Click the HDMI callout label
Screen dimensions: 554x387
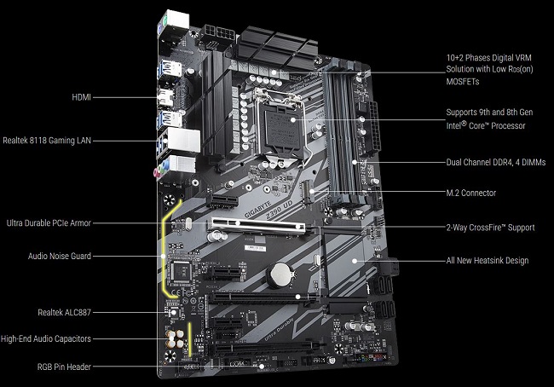(x=81, y=97)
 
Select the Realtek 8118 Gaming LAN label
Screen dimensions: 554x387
(x=47, y=141)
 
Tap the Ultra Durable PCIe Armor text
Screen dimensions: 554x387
(x=49, y=223)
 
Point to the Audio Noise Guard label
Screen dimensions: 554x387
(x=60, y=256)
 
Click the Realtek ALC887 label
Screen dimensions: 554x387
(x=64, y=313)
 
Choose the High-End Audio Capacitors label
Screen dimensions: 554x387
(x=46, y=338)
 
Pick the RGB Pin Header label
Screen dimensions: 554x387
(x=64, y=367)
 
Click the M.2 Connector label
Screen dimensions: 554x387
(x=471, y=193)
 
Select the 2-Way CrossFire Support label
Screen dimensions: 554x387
(x=490, y=228)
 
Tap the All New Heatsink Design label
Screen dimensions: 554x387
(x=488, y=261)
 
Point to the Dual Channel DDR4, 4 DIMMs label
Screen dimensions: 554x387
(x=496, y=163)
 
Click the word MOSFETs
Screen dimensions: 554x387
(x=463, y=82)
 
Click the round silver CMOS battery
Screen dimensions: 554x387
(x=280, y=274)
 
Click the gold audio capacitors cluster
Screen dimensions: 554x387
(x=176, y=339)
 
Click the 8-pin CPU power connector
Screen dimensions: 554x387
(x=218, y=33)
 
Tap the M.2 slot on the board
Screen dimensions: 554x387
(x=308, y=192)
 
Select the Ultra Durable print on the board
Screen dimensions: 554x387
(x=279, y=330)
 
